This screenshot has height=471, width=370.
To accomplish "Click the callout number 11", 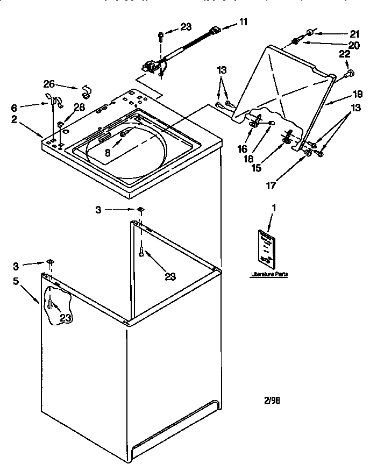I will pyautogui.click(x=243, y=23).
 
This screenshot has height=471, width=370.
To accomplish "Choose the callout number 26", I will pyautogui.click(x=49, y=84).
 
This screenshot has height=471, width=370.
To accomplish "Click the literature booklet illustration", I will pyautogui.click(x=266, y=248).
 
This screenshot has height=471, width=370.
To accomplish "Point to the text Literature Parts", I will pyautogui.click(x=269, y=274).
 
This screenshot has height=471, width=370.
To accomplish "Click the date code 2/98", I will pyautogui.click(x=272, y=400).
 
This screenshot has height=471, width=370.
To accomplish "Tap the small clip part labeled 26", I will pyautogui.click(x=85, y=89).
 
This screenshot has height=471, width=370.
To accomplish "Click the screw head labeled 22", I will pyautogui.click(x=348, y=73).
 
